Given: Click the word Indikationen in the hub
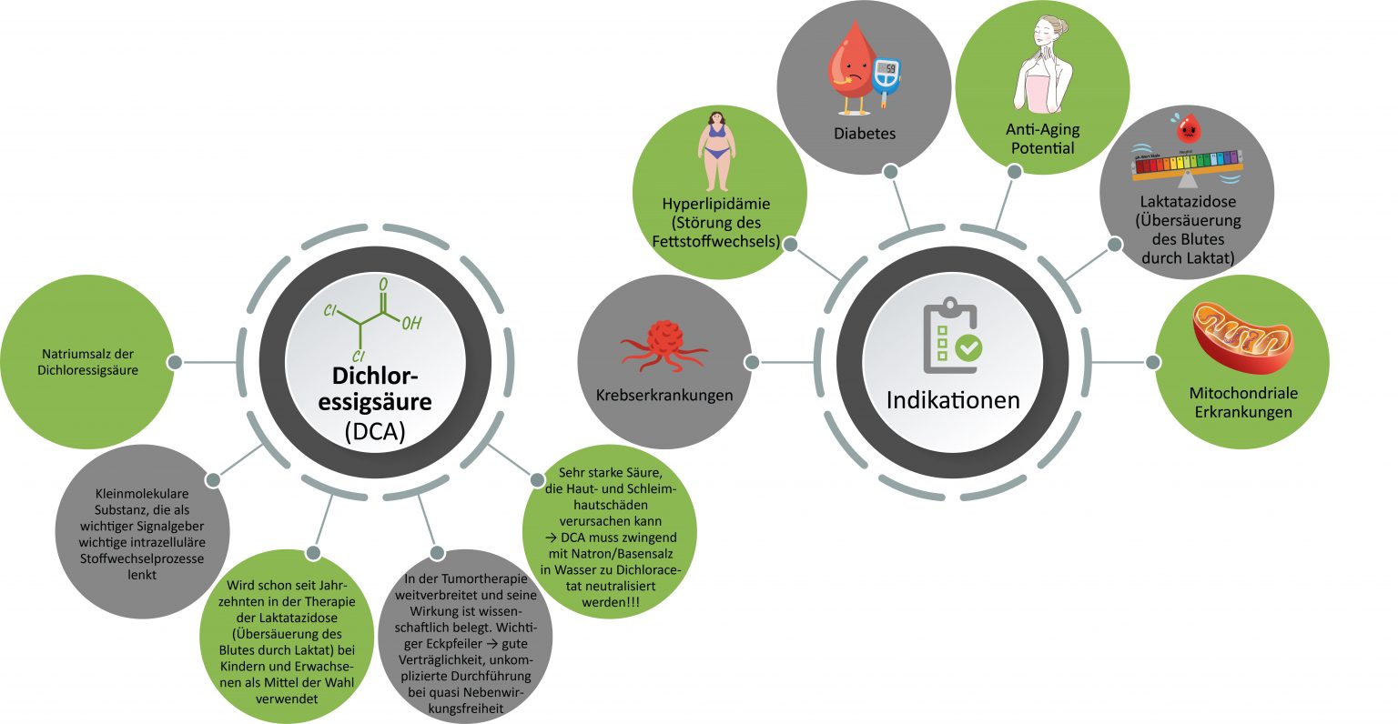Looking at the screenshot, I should (x=953, y=400).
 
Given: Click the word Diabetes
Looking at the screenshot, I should (x=865, y=134).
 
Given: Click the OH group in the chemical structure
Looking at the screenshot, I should (x=411, y=323).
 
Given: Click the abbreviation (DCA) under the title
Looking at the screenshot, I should (x=375, y=432).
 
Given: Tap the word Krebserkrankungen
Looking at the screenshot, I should (x=664, y=396).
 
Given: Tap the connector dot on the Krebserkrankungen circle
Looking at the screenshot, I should (x=752, y=362).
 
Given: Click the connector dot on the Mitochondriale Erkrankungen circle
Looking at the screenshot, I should (x=1153, y=362).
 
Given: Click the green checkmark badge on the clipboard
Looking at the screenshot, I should (x=967, y=347).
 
